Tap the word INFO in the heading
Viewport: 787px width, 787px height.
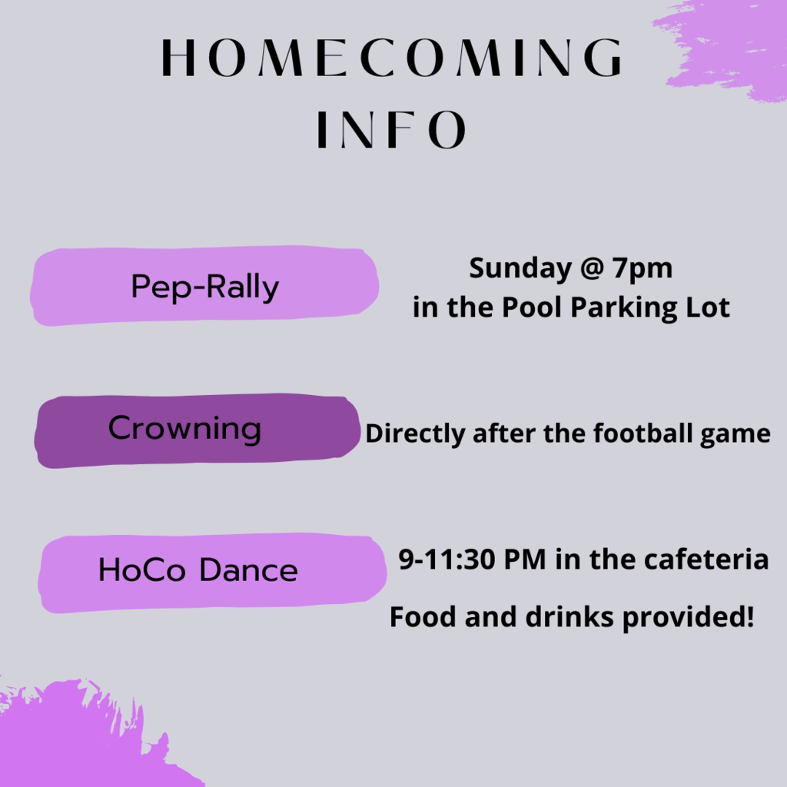[392, 129]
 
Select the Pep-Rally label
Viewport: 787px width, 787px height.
[204, 286]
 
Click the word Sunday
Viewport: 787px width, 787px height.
[520, 269]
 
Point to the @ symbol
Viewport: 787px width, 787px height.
[591, 267]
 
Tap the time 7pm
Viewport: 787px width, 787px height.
[643, 269]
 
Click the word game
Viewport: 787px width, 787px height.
[736, 436]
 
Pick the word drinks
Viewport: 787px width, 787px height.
[569, 616]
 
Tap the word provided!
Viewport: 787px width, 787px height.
[688, 618]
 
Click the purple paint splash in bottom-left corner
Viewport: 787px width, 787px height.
[75, 738]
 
